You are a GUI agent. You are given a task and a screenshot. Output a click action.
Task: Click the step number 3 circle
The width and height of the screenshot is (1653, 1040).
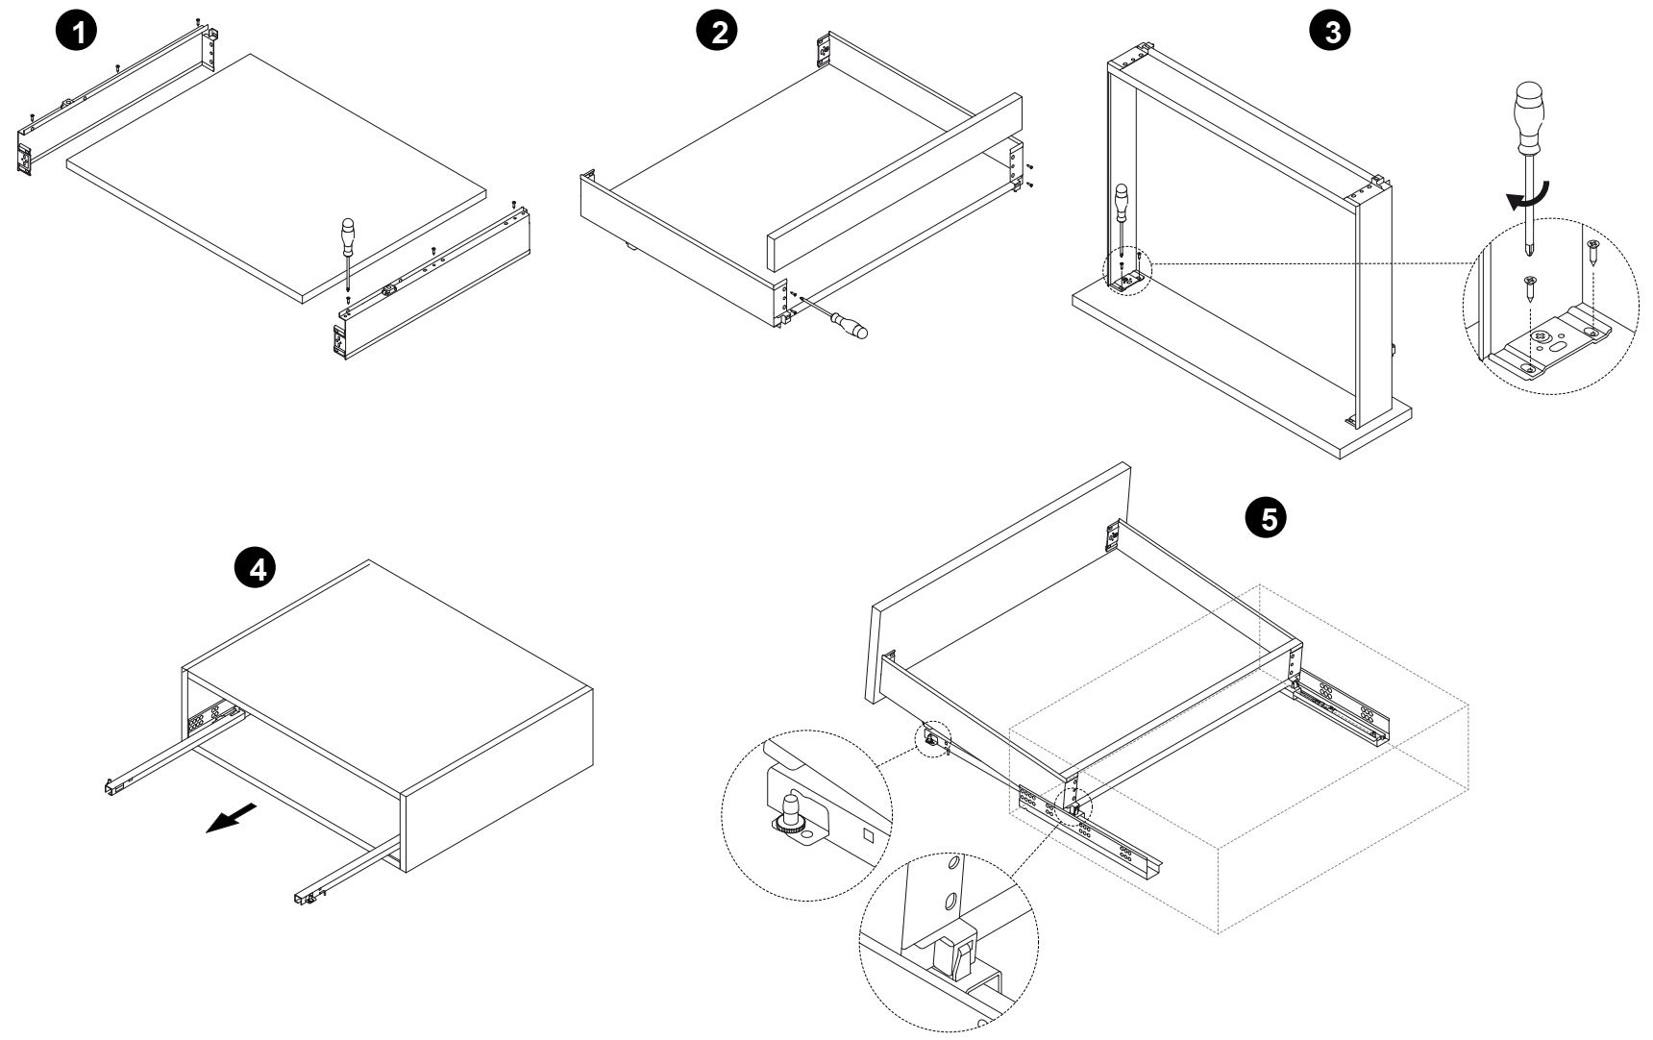(x=1330, y=31)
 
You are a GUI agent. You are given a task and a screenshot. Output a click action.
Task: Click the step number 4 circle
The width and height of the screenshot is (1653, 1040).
(x=256, y=569)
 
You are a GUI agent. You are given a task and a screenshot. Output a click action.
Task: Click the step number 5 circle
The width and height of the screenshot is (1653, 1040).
(x=1265, y=518)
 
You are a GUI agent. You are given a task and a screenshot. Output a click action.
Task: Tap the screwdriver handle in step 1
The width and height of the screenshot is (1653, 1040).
(x=347, y=235)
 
